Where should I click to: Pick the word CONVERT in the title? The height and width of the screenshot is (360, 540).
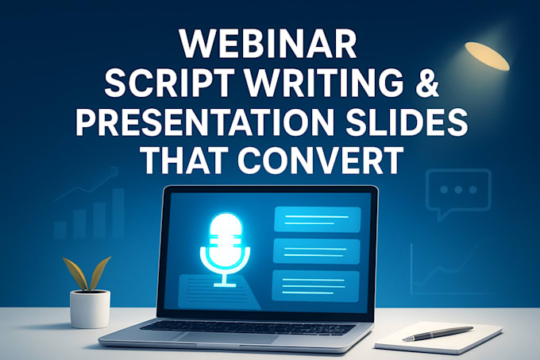click(x=323, y=161)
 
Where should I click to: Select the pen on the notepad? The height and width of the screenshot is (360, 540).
click(x=438, y=333)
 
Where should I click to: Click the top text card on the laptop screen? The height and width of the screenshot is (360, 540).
click(x=316, y=219)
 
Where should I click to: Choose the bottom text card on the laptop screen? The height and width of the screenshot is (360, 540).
click(x=316, y=285)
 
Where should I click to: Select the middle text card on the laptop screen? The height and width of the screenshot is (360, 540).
click(x=316, y=252)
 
